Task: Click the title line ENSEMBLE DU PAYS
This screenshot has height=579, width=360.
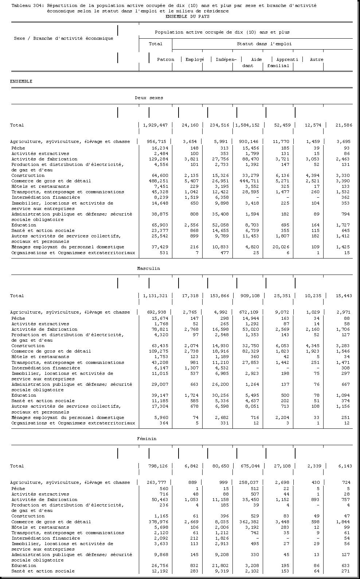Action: point(187,16)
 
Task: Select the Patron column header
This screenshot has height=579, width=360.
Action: point(165,59)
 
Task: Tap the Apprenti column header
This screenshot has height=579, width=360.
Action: point(287,59)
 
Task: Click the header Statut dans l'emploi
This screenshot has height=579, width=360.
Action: point(264,44)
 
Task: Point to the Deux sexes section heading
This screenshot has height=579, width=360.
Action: point(149,98)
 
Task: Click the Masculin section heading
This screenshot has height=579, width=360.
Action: point(149,268)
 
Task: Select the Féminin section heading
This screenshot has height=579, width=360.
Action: point(147,439)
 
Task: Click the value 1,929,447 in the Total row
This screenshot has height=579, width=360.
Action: point(155,125)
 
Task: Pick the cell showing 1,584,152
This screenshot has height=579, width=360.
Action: point(247,125)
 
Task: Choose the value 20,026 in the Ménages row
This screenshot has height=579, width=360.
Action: point(281,247)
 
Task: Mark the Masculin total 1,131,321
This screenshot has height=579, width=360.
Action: point(155,296)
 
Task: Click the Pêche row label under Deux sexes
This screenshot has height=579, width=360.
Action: point(18,148)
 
